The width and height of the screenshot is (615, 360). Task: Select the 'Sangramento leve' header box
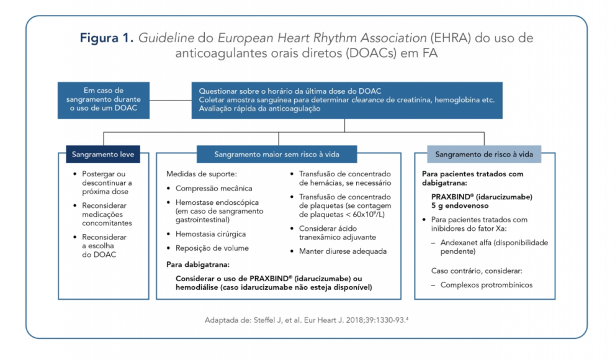click(103, 153)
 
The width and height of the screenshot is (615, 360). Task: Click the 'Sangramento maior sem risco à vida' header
click(277, 153)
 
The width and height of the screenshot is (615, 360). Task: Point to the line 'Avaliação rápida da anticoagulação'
click(259, 109)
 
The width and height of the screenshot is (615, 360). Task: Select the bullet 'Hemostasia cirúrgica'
click(210, 234)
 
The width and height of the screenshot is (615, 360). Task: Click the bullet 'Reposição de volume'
click(212, 248)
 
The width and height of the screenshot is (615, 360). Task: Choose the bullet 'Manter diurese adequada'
click(343, 251)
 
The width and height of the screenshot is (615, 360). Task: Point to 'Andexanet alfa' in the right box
click(470, 243)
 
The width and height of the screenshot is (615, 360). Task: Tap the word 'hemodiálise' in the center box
click(198, 287)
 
